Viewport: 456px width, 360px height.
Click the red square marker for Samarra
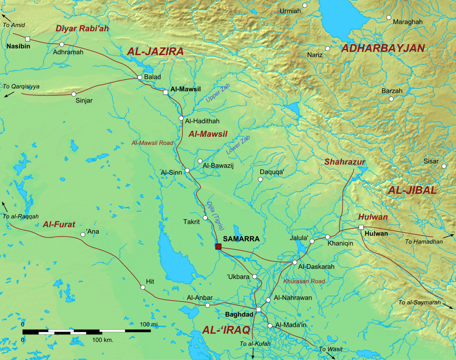[218, 246]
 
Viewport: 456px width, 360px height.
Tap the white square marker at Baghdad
[258, 310]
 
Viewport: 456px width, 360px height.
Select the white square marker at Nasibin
[28, 38]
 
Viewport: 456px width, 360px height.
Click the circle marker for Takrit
[205, 218]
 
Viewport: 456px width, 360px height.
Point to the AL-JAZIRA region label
[155, 52]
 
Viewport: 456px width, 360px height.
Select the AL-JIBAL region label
[412, 190]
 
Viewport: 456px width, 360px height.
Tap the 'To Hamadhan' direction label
[424, 242]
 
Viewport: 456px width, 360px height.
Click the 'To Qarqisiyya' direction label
[21, 86]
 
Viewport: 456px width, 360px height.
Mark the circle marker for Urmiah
[305, 5]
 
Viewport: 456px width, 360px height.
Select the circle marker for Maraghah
[389, 18]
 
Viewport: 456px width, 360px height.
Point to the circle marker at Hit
[142, 287]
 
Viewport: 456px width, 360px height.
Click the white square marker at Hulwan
[361, 227]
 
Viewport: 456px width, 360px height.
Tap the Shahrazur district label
[345, 162]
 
